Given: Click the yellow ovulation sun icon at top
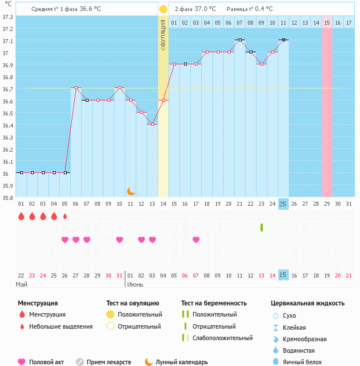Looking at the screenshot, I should tap(163, 9).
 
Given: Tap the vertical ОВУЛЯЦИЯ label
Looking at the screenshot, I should tap(163, 34).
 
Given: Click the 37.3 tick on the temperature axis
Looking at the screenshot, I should tap(7, 17).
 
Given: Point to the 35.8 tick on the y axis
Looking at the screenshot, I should tap(7, 197).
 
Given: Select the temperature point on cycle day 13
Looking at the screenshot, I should tap(152, 124).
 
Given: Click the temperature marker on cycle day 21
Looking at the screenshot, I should tap(240, 40).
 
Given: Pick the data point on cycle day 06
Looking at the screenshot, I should tap(76, 88).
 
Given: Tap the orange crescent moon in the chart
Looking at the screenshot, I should tap(131, 191).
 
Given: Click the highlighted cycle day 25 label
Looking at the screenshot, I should tap(283, 204).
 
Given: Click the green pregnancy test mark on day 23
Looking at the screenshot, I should tap(262, 228).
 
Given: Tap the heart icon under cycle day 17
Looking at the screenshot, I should tap(196, 240).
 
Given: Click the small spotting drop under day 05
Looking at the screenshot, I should tap(65, 217).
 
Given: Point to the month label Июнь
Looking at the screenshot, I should tap(135, 284).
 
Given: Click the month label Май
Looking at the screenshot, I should tap(21, 284).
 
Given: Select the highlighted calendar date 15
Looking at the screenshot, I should tap(283, 275).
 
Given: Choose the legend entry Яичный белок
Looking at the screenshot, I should tap(309, 362).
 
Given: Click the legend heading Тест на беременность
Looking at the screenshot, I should tap(214, 303).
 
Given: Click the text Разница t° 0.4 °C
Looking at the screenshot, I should tap(250, 9).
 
